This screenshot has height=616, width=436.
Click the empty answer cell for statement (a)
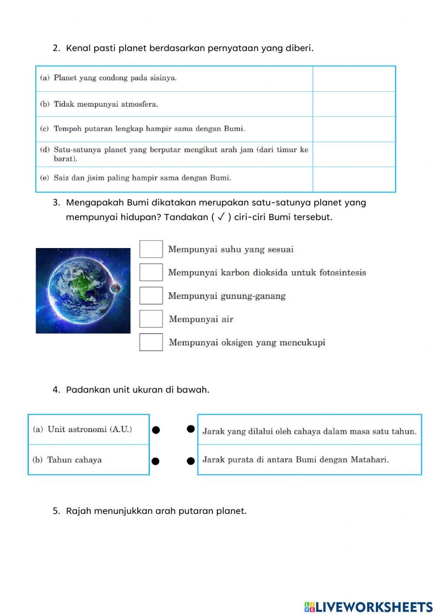click(354, 79)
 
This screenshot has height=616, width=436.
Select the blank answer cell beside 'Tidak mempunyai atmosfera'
click(354, 104)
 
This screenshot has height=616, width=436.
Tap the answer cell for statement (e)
click(354, 179)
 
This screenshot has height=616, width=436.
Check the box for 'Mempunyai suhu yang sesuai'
click(151, 249)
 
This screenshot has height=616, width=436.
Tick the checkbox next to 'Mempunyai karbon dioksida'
click(151, 272)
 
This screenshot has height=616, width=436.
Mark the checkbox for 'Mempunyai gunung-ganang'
click(151, 296)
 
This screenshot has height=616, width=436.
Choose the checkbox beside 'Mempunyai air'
click(151, 319)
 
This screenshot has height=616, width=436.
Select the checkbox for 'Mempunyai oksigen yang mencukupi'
click(151, 342)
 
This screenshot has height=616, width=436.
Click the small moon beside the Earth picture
click(116, 288)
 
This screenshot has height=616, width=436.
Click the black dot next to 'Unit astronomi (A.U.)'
click(156, 430)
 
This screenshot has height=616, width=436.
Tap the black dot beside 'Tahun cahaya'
click(156, 461)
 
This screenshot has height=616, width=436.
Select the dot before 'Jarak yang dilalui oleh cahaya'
click(191, 429)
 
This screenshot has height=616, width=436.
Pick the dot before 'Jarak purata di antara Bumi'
click(191, 461)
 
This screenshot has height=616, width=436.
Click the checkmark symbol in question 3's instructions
click(221, 217)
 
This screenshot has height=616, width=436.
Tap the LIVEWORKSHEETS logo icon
click(310, 607)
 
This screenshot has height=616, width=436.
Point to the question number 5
click(56, 511)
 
